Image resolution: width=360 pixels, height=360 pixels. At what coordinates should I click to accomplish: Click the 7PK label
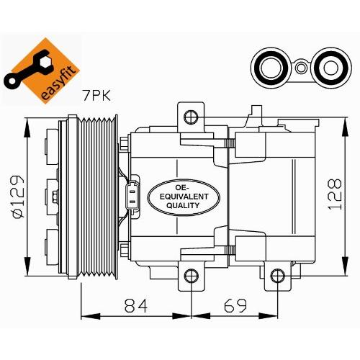[x=96, y=96]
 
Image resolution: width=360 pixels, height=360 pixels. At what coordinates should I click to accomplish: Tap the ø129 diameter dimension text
[x=19, y=197]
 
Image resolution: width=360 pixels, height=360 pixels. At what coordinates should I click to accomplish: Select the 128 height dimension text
[x=335, y=194]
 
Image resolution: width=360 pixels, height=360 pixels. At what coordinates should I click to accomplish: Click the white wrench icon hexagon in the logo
[x=45, y=62]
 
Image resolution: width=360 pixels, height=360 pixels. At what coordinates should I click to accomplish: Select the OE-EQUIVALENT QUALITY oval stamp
[x=184, y=197]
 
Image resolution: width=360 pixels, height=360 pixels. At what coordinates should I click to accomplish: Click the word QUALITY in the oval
[x=183, y=205]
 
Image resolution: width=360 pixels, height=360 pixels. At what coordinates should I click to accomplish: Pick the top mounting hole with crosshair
[x=191, y=117]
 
